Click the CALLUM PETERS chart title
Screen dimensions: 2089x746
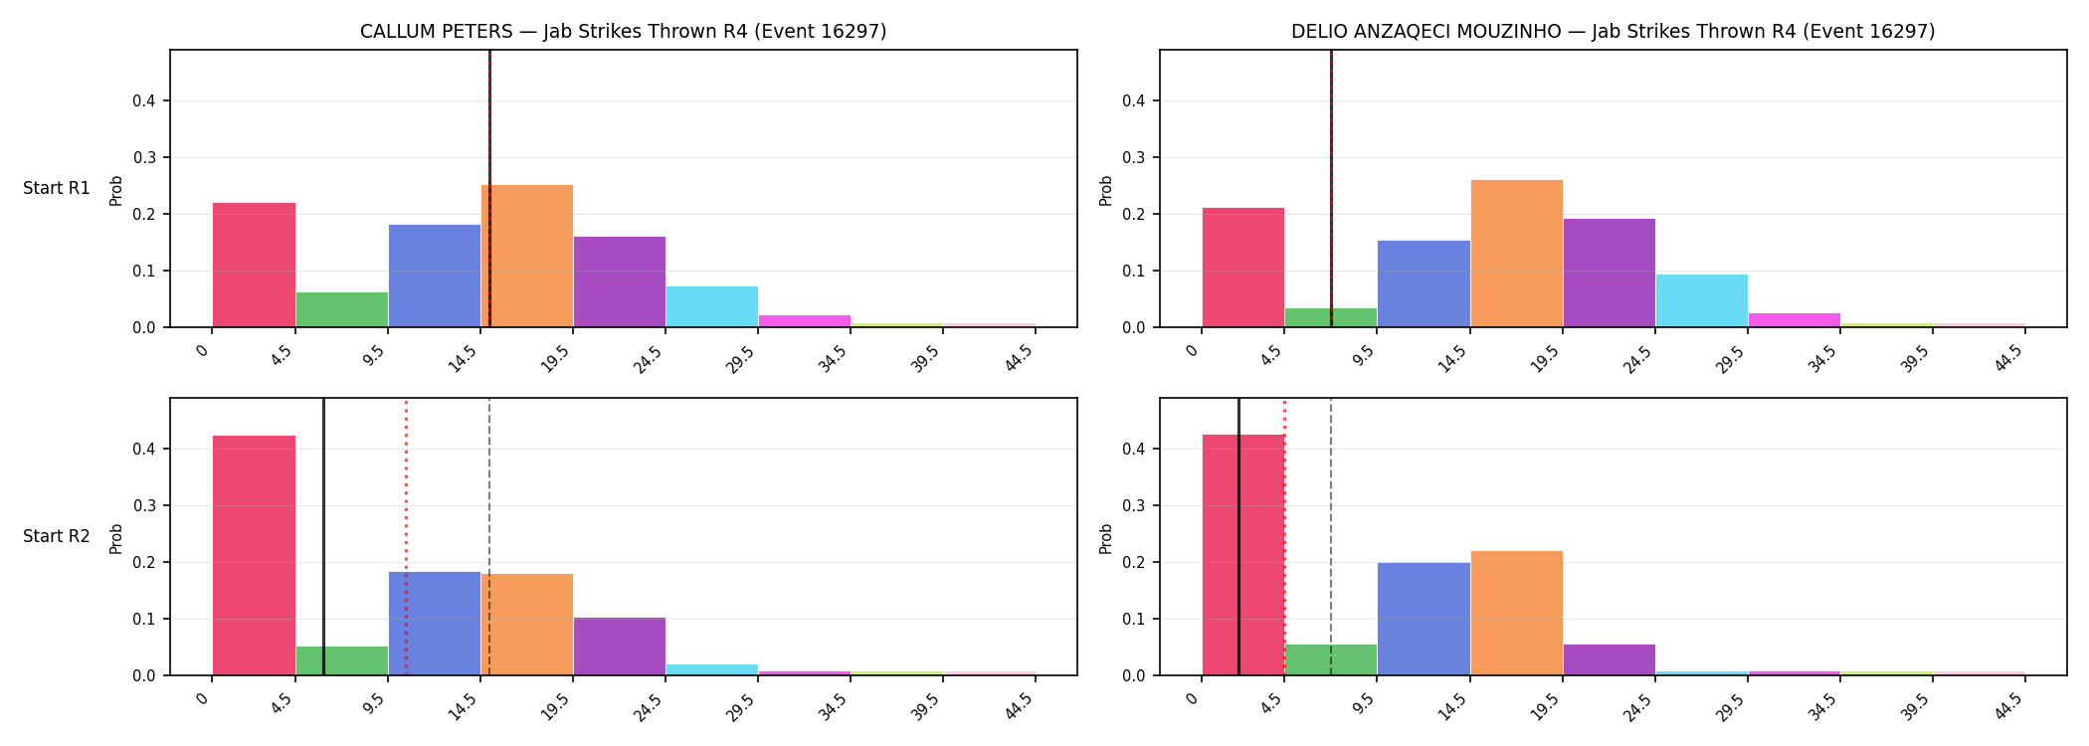pos(623,32)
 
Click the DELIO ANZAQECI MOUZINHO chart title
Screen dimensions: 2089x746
pos(1613,32)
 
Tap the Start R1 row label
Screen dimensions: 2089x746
pos(57,188)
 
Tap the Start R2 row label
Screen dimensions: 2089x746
pos(57,536)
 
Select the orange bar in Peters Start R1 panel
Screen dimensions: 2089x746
pos(527,256)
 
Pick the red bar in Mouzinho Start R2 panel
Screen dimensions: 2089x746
pos(1243,555)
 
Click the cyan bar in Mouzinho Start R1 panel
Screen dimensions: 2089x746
pos(1702,300)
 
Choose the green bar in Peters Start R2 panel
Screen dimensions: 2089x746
pos(342,660)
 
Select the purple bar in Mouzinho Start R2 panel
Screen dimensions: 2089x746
pos(1610,659)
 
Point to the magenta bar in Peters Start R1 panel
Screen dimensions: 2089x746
pos(805,321)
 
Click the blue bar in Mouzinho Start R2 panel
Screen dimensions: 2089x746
pos(1424,619)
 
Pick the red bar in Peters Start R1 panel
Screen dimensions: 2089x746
pos(254,265)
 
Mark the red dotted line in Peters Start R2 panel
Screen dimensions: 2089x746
pos(406,537)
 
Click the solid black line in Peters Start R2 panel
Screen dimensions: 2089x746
pos(323,537)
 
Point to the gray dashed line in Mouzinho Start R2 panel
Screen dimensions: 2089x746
pos(1331,537)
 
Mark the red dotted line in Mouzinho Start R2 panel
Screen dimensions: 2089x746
pos(1284,537)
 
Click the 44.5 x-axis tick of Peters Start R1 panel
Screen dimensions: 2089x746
pos(1020,357)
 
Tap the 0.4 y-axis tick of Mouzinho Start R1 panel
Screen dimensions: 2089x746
pos(1134,100)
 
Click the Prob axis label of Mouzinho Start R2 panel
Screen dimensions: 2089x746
pos(1106,538)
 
